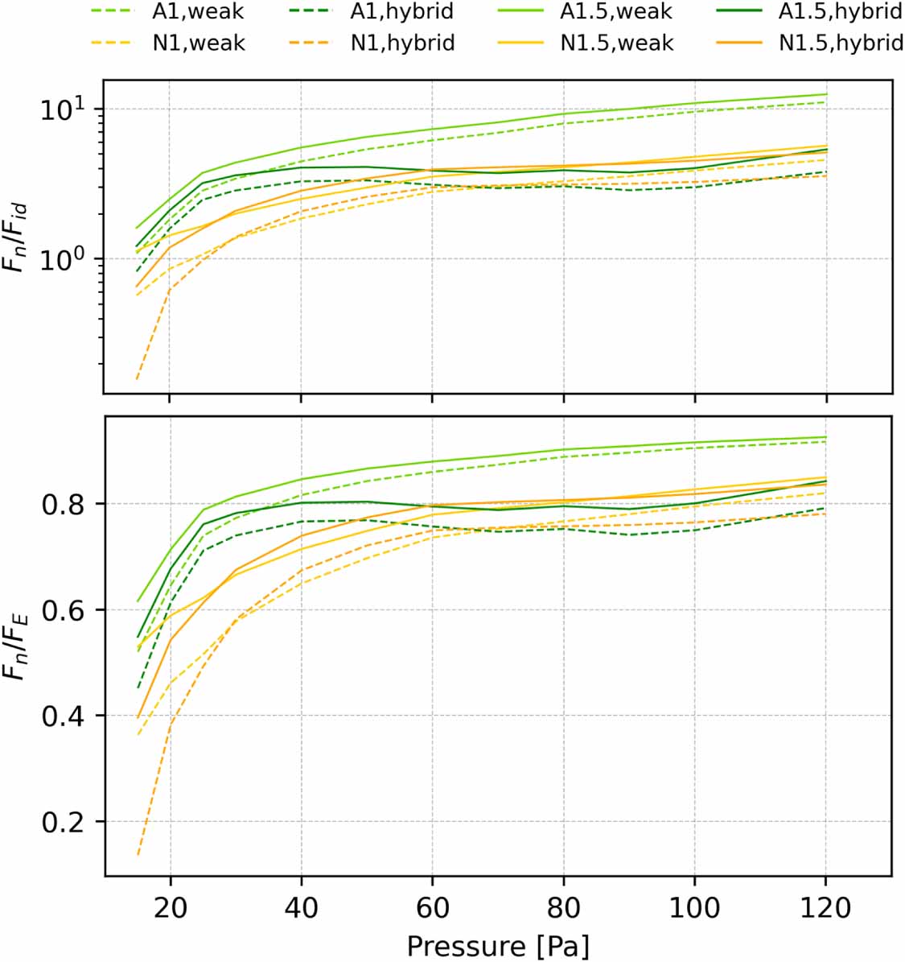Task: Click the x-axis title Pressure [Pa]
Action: (x=497, y=946)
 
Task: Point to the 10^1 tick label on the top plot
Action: (x=66, y=109)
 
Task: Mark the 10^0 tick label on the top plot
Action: (x=66, y=259)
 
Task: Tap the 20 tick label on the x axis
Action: (x=170, y=908)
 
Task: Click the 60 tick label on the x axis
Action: (x=432, y=908)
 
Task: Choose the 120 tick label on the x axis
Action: (x=825, y=908)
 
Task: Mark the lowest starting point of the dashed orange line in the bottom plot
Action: (x=138, y=855)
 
